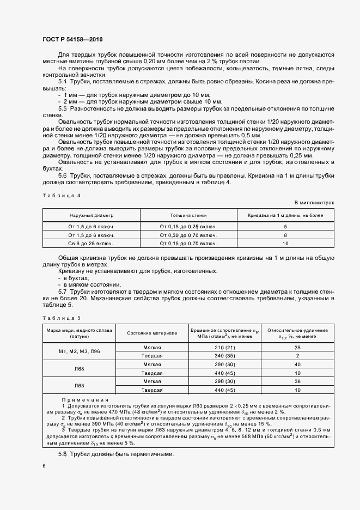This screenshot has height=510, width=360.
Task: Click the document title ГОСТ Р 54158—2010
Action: pyautogui.click(x=72, y=40)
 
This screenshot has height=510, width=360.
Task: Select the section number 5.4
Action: pyautogui.click(x=62, y=81)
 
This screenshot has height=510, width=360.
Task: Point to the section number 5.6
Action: pyautogui.click(x=62, y=176)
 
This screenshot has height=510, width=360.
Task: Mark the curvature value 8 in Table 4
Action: pyautogui.click(x=285, y=235)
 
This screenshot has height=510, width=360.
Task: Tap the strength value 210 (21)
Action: pyautogui.click(x=224, y=347)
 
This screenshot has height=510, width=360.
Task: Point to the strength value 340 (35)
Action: pyautogui.click(x=224, y=356)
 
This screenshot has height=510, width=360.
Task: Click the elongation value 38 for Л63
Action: pyautogui.click(x=297, y=382)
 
